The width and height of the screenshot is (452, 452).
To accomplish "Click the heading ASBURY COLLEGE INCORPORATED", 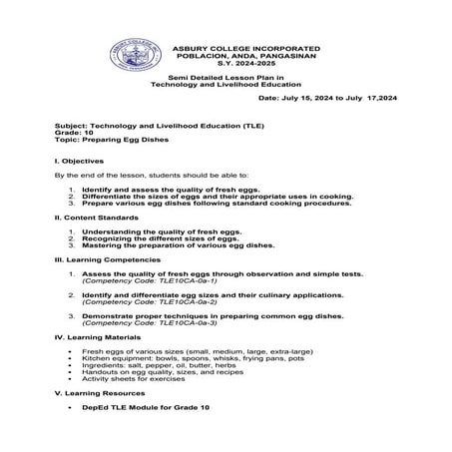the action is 245,48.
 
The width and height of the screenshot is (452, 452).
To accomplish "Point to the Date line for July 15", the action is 326,100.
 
